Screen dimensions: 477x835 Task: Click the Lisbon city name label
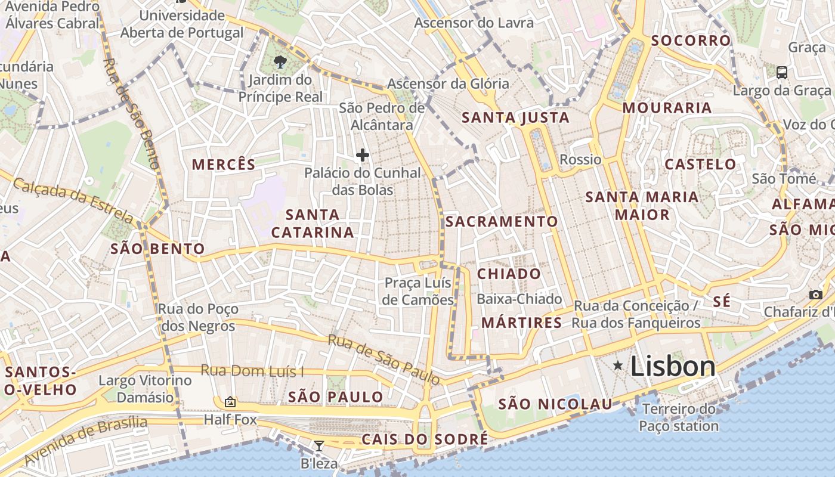[x=673, y=366]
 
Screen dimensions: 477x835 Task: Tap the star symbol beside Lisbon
[x=618, y=365]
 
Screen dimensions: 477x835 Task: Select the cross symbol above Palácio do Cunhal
[x=362, y=155]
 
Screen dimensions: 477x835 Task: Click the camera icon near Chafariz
[x=816, y=295]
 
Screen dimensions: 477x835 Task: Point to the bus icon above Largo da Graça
[x=781, y=73]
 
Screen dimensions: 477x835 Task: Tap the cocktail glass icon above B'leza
[x=319, y=445]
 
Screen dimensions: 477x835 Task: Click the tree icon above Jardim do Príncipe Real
[x=280, y=61]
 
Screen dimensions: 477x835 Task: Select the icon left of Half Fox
[x=230, y=402]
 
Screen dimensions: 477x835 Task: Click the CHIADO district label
[x=509, y=274]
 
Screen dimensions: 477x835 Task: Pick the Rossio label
[x=580, y=159]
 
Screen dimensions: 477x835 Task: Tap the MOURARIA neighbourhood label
[x=667, y=108]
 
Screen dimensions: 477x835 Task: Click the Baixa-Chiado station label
[x=519, y=299]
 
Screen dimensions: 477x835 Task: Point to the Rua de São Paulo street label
[x=384, y=360]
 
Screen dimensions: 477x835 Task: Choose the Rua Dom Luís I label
[x=252, y=371]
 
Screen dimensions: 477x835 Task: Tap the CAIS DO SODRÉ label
[x=425, y=440]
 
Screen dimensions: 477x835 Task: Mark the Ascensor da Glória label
[x=448, y=83]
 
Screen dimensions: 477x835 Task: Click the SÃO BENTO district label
[x=157, y=249]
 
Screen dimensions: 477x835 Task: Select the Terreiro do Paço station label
[x=679, y=417]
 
